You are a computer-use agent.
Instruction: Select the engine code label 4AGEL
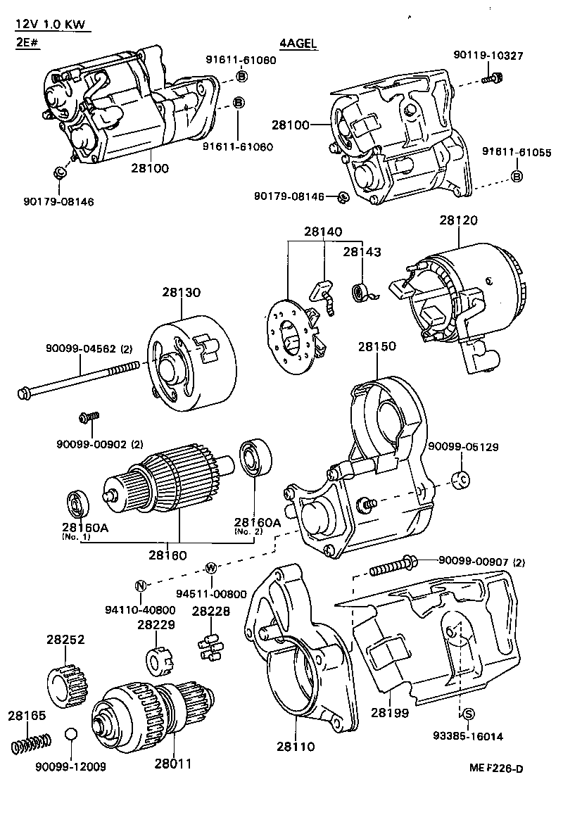[x=299, y=44]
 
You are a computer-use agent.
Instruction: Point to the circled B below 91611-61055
[x=517, y=176]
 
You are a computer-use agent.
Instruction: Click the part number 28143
[x=361, y=251]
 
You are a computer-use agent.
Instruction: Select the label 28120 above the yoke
[x=459, y=220]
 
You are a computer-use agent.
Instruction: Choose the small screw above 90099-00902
[x=88, y=419]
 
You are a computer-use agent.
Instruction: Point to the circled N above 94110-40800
[x=140, y=586]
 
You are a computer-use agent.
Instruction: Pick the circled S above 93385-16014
[x=468, y=714]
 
